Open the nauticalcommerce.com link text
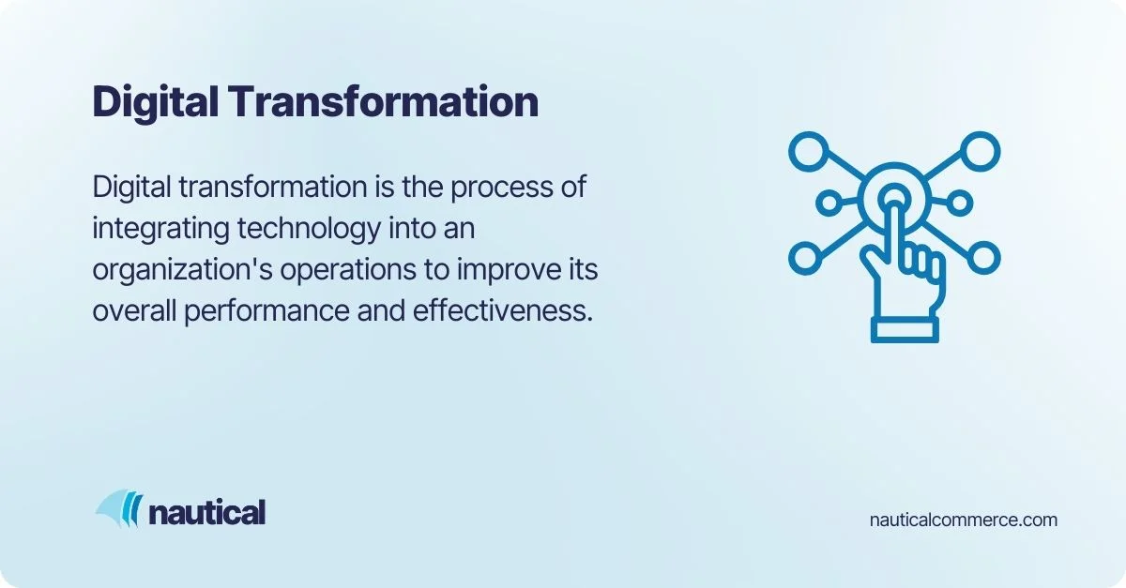coord(964,520)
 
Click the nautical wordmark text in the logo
coord(207,513)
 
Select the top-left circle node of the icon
coord(808,150)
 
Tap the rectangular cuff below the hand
coord(905,328)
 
